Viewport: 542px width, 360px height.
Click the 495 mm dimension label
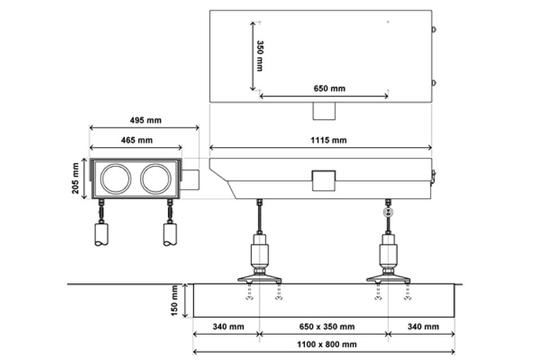tap(146, 120)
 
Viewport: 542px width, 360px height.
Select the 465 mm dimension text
tap(137, 141)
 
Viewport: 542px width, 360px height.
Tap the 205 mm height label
tap(75, 178)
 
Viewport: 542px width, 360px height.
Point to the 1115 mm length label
tap(329, 141)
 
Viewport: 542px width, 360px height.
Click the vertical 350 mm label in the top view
tap(260, 56)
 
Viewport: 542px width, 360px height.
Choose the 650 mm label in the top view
tap(329, 89)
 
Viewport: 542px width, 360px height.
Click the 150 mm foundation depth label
tap(174, 301)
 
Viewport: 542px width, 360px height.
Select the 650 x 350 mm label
tap(327, 327)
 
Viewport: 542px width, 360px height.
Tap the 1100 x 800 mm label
tap(327, 344)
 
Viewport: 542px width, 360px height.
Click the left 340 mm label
tap(229, 327)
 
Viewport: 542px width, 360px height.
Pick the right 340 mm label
tap(423, 327)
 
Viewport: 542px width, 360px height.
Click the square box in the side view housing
tap(324, 181)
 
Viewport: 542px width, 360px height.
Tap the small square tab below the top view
tap(324, 111)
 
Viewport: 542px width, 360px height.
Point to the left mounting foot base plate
tap(260, 278)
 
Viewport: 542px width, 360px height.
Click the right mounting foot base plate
tap(388, 278)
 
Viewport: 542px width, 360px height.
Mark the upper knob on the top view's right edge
tap(434, 29)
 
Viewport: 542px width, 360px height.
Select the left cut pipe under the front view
tap(101, 235)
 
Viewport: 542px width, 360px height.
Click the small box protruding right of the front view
tap(191, 179)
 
